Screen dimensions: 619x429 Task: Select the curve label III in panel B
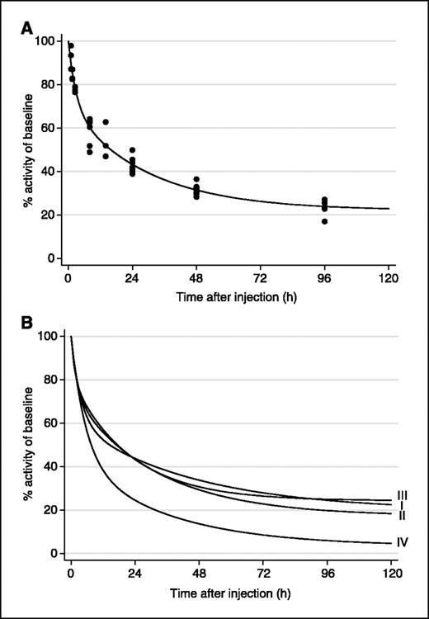point(403,495)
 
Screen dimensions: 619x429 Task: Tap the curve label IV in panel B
point(403,542)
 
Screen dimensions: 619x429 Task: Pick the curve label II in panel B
point(402,516)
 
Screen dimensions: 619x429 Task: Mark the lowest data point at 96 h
point(325,221)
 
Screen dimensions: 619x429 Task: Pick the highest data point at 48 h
point(196,179)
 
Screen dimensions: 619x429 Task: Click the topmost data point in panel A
point(70,46)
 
